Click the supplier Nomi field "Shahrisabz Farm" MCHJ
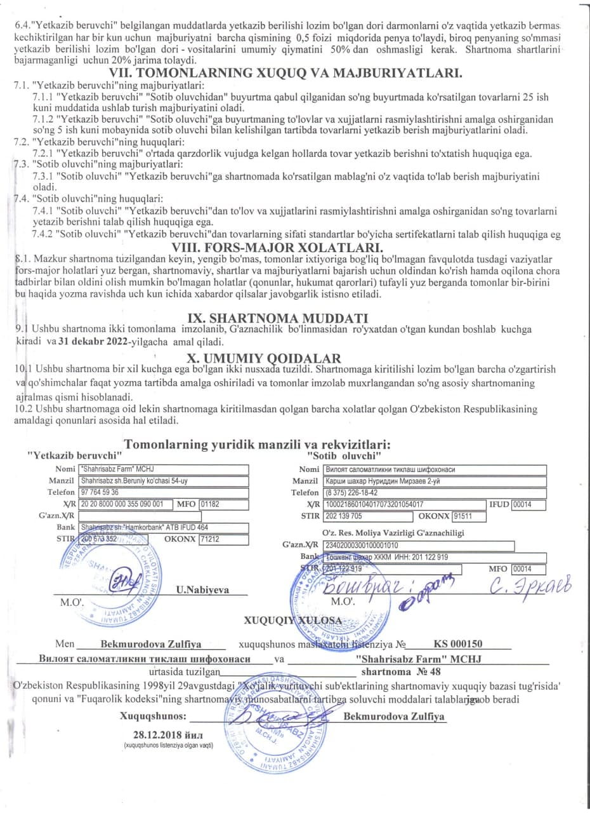164,469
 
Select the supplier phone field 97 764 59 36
164,492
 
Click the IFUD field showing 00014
521,504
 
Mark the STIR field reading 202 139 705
368,516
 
